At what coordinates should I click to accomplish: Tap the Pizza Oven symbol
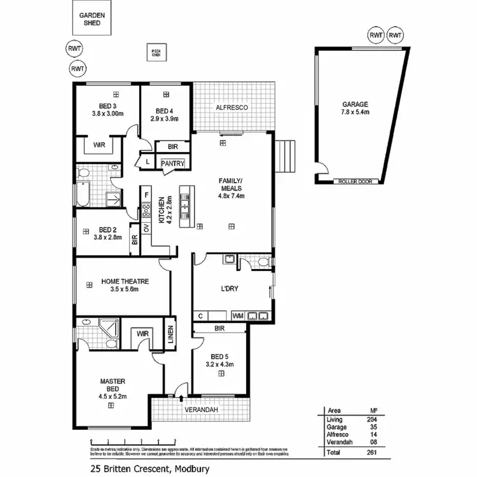point(155,52)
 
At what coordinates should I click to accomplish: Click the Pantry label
point(172,163)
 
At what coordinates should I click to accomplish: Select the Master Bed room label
point(113,385)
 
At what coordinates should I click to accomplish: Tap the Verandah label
point(202,410)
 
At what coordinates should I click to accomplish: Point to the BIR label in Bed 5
point(220,329)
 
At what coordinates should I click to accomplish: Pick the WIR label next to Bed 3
point(99,145)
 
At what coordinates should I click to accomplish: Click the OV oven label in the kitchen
point(146,228)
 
